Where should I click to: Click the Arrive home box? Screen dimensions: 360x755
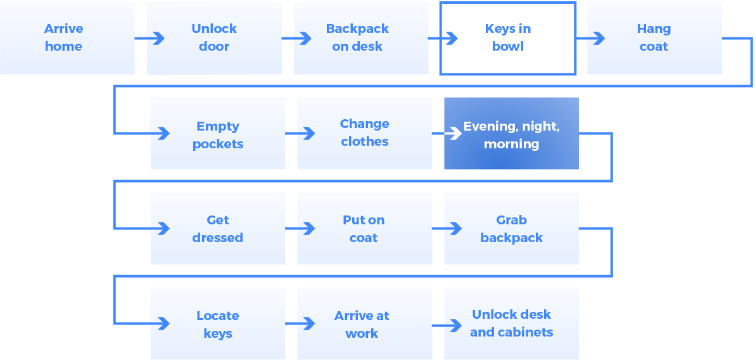click(63, 38)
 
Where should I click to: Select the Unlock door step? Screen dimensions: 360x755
click(214, 38)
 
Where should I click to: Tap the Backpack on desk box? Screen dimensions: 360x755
click(357, 38)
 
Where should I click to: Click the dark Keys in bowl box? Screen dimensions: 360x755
click(508, 38)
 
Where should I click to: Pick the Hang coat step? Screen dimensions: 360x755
click(654, 38)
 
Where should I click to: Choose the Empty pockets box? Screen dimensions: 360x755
click(217, 134)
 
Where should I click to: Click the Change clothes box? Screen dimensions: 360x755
click(364, 134)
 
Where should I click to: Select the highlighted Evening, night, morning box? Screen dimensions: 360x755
click(511, 134)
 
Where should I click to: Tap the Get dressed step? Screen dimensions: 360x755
click(217, 229)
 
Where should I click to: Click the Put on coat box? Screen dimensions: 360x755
click(364, 229)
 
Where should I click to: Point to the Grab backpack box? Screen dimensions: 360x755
click(511, 229)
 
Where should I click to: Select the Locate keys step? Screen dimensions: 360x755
click(217, 324)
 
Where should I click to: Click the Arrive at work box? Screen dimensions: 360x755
click(364, 324)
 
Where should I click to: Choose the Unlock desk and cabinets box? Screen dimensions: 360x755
click(511, 324)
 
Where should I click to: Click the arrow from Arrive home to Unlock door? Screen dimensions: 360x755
click(149, 39)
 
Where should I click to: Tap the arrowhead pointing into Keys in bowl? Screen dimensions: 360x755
click(452, 39)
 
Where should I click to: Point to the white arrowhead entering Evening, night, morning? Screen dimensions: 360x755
click(455, 134)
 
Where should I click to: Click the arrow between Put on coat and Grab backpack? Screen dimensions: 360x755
click(447, 229)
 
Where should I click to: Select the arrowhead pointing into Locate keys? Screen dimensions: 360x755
click(163, 324)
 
